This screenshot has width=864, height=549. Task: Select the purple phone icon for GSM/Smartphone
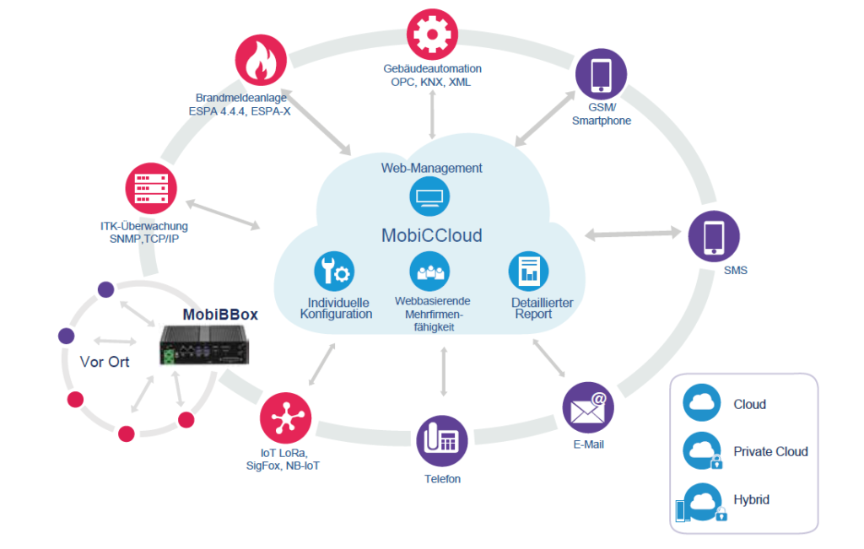601,74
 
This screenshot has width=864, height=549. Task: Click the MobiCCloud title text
431,235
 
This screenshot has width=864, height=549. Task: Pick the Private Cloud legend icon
702,451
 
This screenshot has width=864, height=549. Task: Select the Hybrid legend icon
700,502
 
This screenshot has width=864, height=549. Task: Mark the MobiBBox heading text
220,315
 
